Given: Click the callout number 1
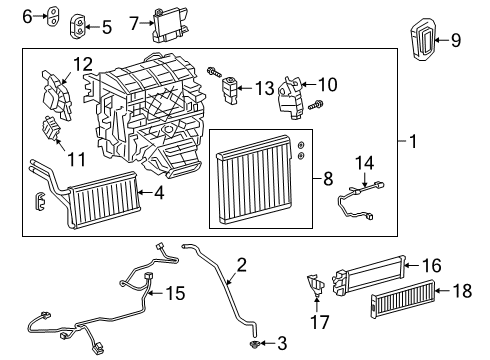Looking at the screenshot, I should (413, 143).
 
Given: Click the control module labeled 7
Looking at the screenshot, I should (167, 24).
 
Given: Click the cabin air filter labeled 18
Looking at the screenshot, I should (408, 305).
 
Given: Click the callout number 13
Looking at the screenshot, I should (263, 89).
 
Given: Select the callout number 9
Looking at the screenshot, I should (455, 41).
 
